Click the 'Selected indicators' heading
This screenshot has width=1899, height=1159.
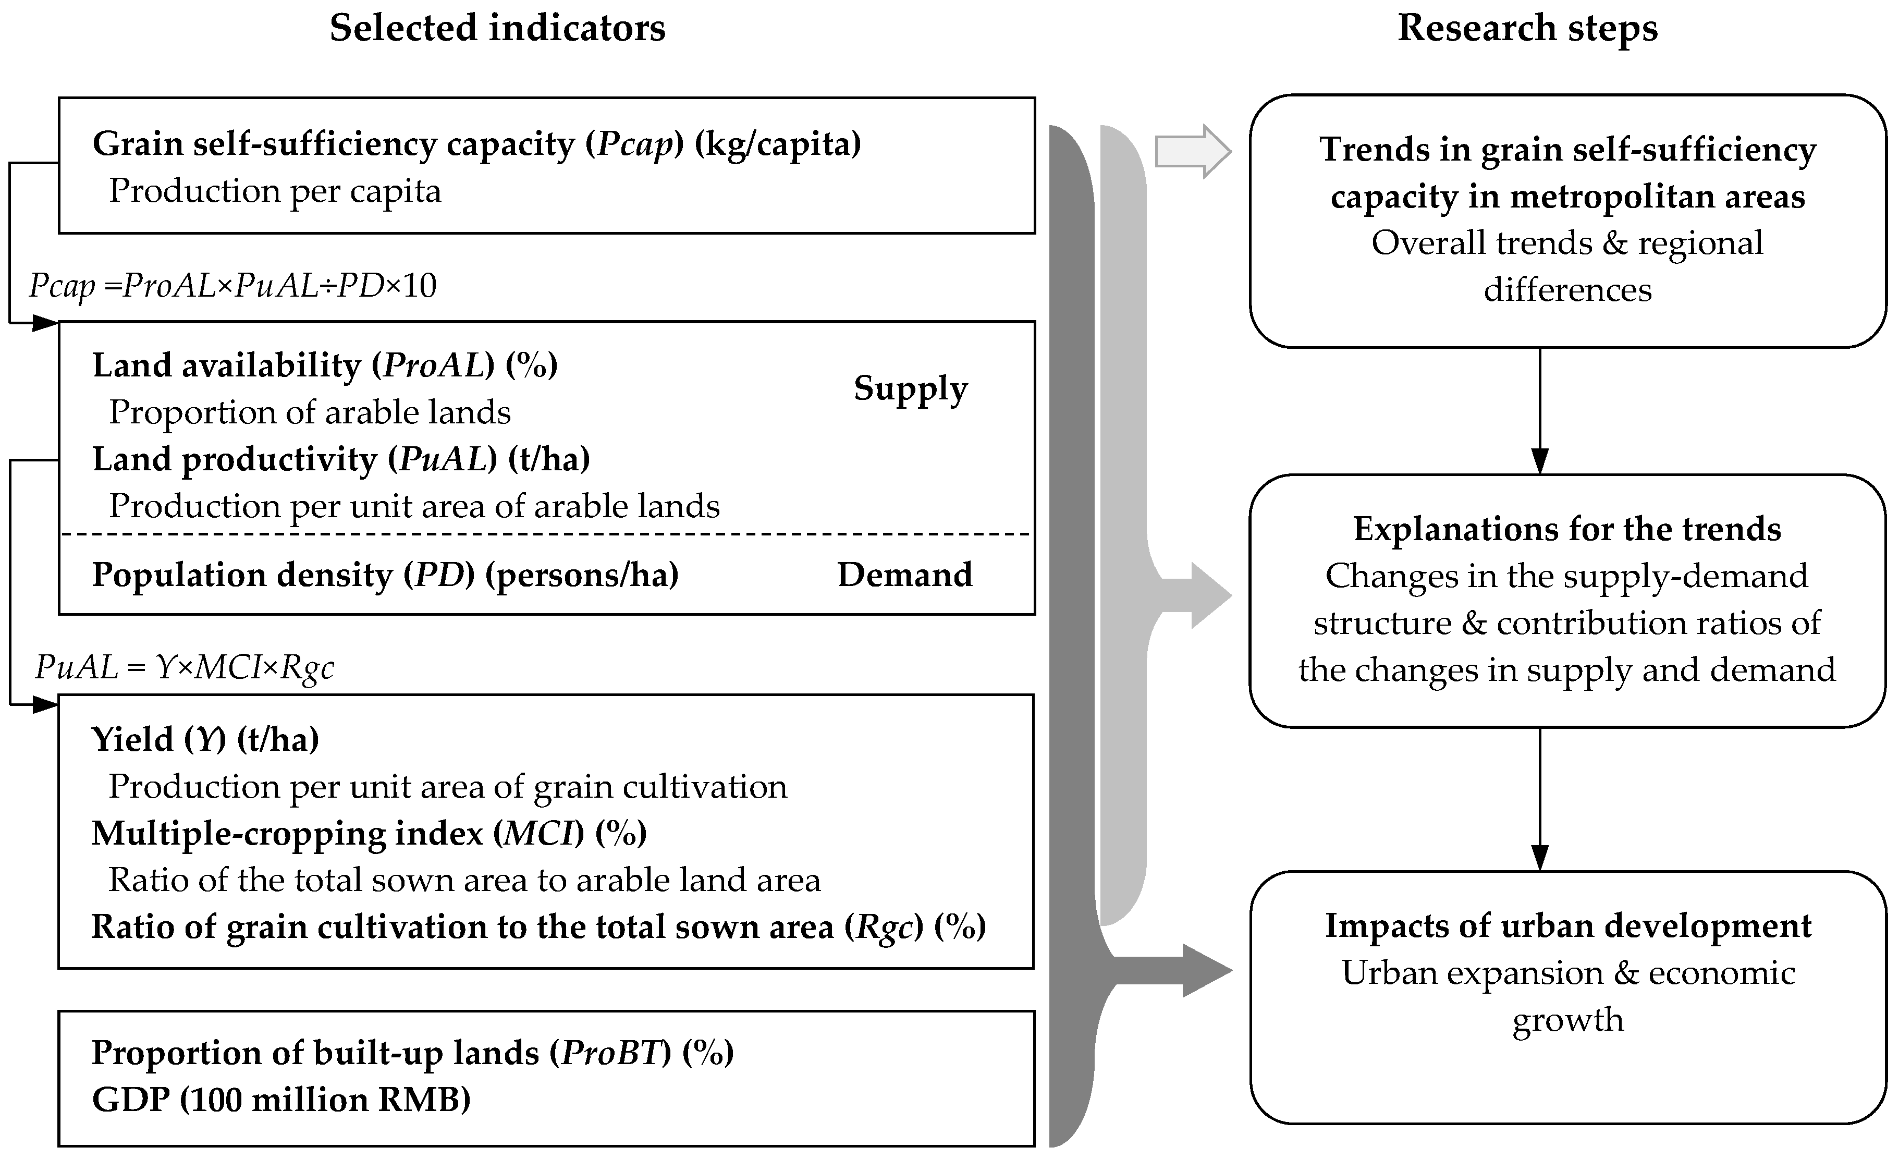pyautogui.click(x=497, y=29)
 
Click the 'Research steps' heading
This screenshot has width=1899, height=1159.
pyautogui.click(x=1527, y=29)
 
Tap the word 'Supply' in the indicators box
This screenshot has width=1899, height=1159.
pyautogui.click(x=910, y=389)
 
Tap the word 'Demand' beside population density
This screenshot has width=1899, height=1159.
pyautogui.click(x=905, y=575)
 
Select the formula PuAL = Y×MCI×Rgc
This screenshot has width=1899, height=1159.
pyautogui.click(x=185, y=667)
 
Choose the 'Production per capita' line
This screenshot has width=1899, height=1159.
pyautogui.click(x=275, y=191)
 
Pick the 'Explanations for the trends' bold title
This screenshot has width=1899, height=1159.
pyautogui.click(x=1567, y=529)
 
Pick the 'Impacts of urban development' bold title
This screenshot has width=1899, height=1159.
pyautogui.click(x=1567, y=925)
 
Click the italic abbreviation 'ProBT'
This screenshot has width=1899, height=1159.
pyautogui.click(x=611, y=1053)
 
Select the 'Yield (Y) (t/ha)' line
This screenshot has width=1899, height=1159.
pyautogui.click(x=205, y=740)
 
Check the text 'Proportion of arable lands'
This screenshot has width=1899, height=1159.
pyautogui.click(x=310, y=412)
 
